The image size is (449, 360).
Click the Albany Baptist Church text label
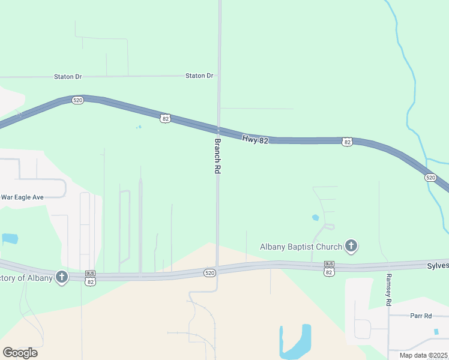(x=301, y=247)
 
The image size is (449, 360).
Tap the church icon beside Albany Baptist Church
(x=351, y=245)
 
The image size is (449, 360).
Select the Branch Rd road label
(x=218, y=157)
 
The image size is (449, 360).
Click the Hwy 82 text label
(x=255, y=139)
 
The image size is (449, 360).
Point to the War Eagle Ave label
(x=22, y=197)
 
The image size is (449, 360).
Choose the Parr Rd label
(x=421, y=316)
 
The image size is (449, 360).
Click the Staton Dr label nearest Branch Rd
(x=199, y=76)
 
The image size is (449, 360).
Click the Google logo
(x=20, y=353)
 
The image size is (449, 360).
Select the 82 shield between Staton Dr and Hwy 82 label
(x=166, y=119)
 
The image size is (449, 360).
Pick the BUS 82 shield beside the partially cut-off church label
(x=90, y=277)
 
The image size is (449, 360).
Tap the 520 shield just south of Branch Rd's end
(x=209, y=273)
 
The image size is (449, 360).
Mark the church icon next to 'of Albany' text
(x=61, y=277)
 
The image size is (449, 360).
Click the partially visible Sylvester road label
(x=438, y=265)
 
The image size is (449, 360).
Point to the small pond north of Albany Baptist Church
(x=315, y=217)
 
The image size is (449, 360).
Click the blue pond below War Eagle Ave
(x=9, y=238)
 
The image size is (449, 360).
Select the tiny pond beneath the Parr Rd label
(x=436, y=331)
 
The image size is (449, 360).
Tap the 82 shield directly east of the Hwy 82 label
(x=347, y=142)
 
